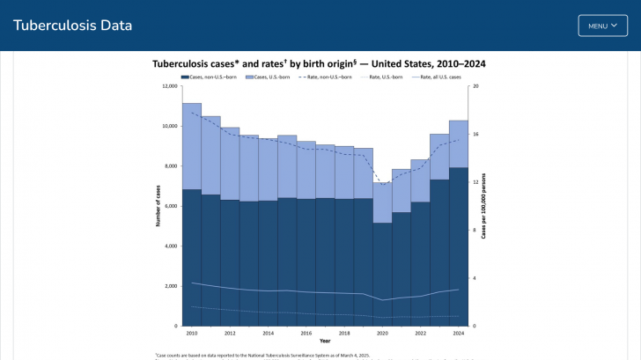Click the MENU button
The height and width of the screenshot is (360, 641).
[x=602, y=26]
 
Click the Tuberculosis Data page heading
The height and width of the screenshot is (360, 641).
[x=73, y=26]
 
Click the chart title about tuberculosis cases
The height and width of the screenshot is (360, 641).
[x=319, y=64]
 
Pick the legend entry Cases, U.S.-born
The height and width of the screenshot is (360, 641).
[x=276, y=77]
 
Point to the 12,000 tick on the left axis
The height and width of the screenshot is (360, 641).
[x=169, y=86]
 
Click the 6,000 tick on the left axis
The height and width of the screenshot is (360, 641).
[x=171, y=206]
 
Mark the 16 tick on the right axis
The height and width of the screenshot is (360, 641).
[x=475, y=135]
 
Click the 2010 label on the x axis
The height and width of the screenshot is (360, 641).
[x=192, y=334]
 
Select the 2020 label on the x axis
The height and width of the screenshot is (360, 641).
[x=382, y=334]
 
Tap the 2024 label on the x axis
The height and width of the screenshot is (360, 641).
[x=459, y=334]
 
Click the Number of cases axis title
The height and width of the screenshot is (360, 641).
[x=158, y=206]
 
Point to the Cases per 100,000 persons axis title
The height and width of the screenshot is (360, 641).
[x=484, y=206]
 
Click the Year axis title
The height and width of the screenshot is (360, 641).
[x=325, y=341]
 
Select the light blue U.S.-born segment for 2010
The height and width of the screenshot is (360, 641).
[x=192, y=146]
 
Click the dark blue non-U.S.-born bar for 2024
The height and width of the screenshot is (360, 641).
[x=459, y=246]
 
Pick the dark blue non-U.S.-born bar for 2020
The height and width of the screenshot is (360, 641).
[x=382, y=274]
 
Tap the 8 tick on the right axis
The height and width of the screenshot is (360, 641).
[x=475, y=231]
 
